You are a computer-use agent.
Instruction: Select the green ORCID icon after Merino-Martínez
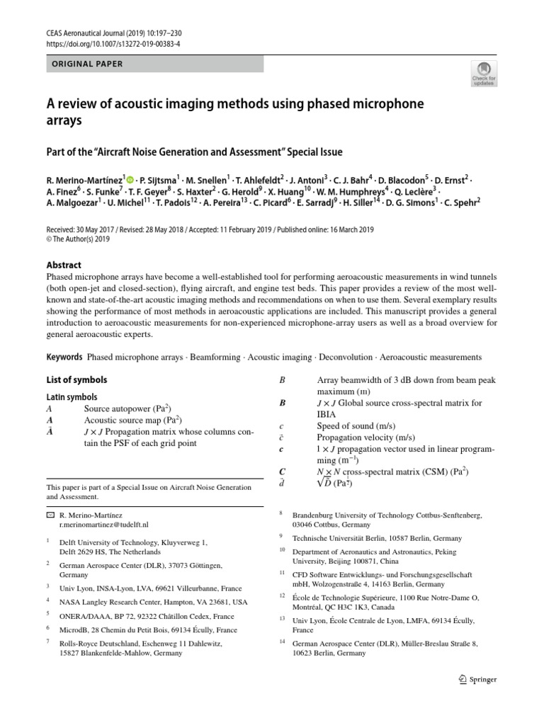(x=130, y=179)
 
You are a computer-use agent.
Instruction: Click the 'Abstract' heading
(x=64, y=265)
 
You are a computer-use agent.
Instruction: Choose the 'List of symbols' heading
(x=76, y=380)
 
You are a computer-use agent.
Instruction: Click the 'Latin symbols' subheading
(x=72, y=397)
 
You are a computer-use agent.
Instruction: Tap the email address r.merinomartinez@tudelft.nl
(x=104, y=525)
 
